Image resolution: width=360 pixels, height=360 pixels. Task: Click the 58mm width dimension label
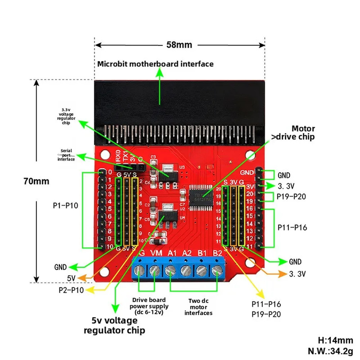179,45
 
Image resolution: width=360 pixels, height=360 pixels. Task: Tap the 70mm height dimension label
36,181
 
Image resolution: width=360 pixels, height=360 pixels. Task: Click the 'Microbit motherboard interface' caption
156,64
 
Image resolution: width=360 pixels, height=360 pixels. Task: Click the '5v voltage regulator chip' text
114,325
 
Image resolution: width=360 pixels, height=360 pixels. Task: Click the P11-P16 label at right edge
292,227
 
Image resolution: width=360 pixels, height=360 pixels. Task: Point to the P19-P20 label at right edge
292,197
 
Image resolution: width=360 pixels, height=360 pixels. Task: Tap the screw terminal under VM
155,270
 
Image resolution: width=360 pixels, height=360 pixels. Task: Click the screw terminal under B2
217,270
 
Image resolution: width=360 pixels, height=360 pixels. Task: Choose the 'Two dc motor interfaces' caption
198,307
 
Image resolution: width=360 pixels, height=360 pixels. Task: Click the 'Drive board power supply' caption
149,306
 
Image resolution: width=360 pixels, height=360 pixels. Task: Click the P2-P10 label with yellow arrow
71,290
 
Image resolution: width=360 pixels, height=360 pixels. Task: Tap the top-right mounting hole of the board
250,155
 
